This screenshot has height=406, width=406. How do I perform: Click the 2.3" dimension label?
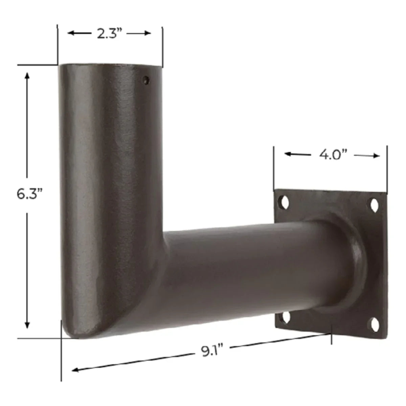[x=109, y=33]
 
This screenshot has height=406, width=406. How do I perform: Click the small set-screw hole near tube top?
[x=146, y=80]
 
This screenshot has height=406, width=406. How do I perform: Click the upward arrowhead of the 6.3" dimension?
[x=27, y=75]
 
